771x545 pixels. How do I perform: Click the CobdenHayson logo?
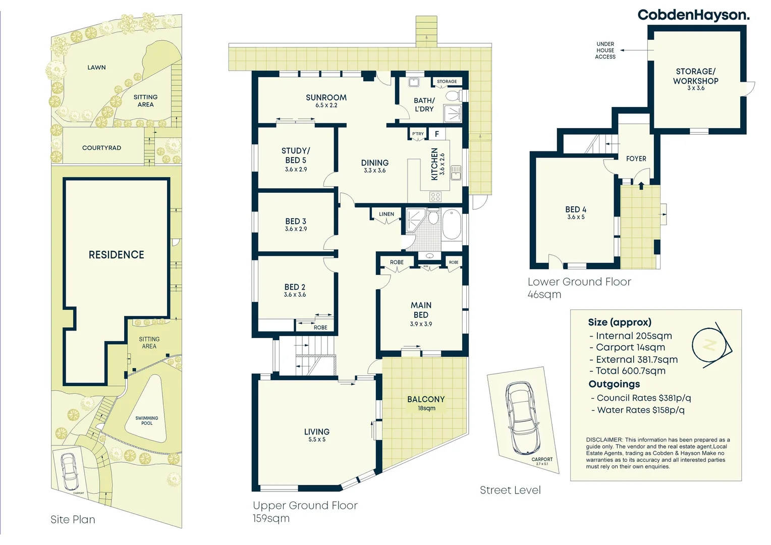(693, 15)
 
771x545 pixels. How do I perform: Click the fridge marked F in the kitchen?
(437, 134)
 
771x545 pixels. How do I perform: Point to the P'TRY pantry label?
(418, 134)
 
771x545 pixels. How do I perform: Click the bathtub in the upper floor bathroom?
(452, 225)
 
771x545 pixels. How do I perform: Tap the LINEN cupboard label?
(387, 214)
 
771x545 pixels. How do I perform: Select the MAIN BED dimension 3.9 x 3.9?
(421, 324)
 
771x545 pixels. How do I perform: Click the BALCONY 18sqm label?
(426, 402)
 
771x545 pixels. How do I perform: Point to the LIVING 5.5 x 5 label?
(317, 435)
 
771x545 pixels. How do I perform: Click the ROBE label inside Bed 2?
(320, 328)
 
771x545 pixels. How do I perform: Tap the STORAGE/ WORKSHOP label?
(695, 77)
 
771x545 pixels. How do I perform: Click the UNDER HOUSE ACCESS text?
(605, 50)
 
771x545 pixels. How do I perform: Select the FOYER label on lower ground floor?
(636, 158)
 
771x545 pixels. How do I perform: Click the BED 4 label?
(576, 209)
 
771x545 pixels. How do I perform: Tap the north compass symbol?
(710, 345)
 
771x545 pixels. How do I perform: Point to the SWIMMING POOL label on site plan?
(147, 420)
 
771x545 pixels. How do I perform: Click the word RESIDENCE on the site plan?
(117, 255)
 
